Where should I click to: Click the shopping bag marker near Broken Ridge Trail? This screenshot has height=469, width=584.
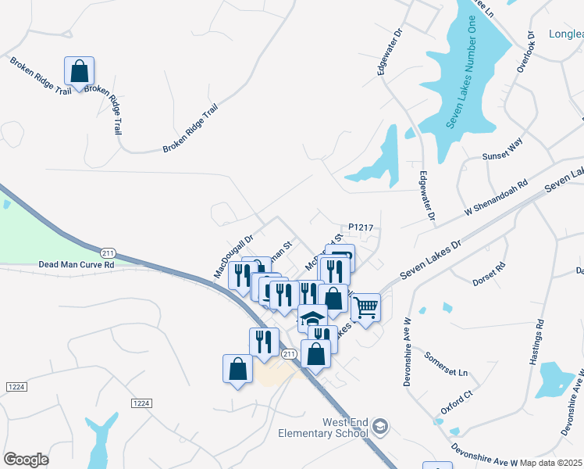click(80, 71)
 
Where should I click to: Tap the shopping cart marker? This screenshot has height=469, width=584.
click(365, 306)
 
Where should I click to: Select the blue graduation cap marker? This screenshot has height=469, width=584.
click(312, 319)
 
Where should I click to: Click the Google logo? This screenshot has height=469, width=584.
click(26, 460)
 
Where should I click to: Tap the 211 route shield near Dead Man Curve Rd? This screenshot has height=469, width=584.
click(108, 252)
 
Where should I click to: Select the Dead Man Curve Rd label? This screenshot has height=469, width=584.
click(77, 265)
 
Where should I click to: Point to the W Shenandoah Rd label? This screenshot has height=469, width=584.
click(496, 199)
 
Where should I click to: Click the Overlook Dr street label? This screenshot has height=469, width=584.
click(525, 52)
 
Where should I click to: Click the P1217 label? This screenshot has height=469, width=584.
click(363, 227)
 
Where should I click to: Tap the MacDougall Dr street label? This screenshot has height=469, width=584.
click(234, 257)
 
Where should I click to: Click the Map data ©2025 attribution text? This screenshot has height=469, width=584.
click(551, 462)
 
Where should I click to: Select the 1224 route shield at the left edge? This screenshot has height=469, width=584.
click(15, 387)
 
